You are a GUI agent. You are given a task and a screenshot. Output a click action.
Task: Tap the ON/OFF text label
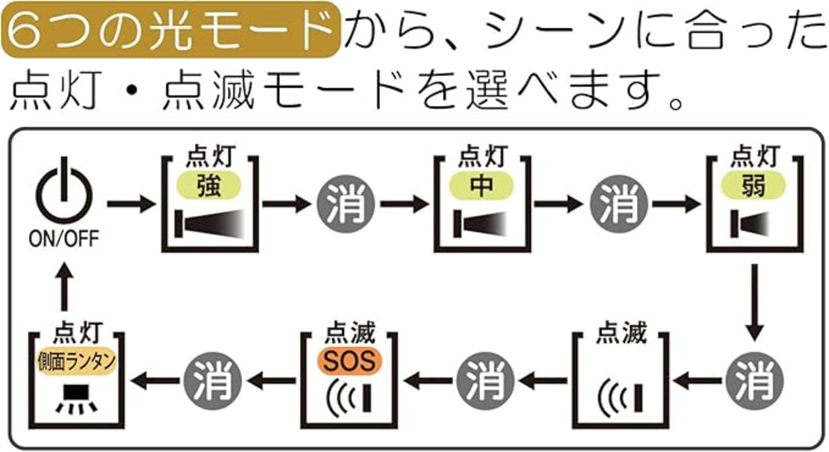pyautogui.click(x=63, y=239)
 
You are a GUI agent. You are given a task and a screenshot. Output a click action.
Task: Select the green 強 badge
pyautogui.click(x=209, y=185)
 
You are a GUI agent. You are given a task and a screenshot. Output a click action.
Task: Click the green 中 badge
pyautogui.click(x=481, y=185)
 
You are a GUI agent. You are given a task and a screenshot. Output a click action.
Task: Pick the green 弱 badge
pyautogui.click(x=754, y=185)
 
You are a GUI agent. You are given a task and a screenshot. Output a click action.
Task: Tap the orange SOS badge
pyautogui.click(x=350, y=361)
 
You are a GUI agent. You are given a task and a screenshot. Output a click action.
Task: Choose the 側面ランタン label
pyautogui.click(x=76, y=361)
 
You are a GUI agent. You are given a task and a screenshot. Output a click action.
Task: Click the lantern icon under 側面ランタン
pyautogui.click(x=76, y=399)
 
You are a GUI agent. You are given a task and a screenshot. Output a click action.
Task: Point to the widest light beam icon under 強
pyautogui.click(x=210, y=224)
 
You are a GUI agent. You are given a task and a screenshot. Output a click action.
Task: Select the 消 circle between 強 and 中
pyautogui.click(x=346, y=204)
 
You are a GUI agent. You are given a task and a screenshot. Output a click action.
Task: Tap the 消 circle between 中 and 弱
pyautogui.click(x=619, y=204)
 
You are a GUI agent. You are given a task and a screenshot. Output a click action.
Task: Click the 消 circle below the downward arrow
pyautogui.click(x=755, y=381)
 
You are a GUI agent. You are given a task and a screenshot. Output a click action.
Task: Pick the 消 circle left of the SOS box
pyautogui.click(x=213, y=381)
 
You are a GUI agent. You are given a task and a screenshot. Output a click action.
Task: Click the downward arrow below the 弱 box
pyautogui.click(x=755, y=302)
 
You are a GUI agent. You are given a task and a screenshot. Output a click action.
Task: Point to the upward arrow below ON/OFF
pyautogui.click(x=64, y=287)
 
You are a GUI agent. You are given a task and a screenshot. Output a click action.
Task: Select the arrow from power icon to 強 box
pyautogui.click(x=131, y=204)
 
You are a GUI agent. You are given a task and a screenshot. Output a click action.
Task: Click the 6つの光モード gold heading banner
pyautogui.click(x=170, y=30)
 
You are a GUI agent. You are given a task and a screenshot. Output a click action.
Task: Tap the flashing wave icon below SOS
pyautogui.click(x=349, y=399)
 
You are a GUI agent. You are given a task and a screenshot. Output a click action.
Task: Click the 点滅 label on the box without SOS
pyautogui.click(x=621, y=332)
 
